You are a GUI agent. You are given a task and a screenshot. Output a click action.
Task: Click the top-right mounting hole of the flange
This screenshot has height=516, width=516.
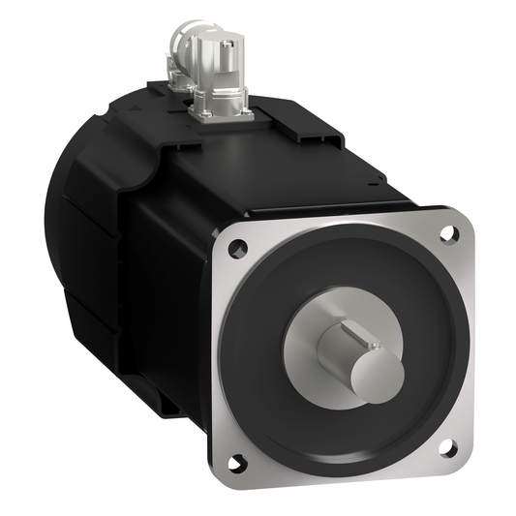pyautogui.click(x=448, y=233)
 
